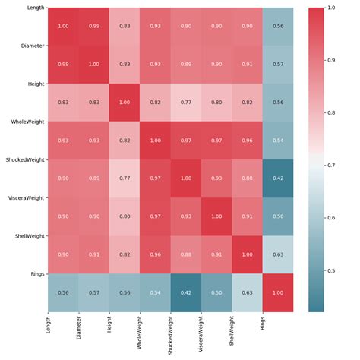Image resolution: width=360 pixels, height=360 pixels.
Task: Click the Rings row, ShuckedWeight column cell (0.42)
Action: pos(186,293)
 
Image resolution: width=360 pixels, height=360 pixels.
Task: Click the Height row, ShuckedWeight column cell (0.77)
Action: pos(186,103)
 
